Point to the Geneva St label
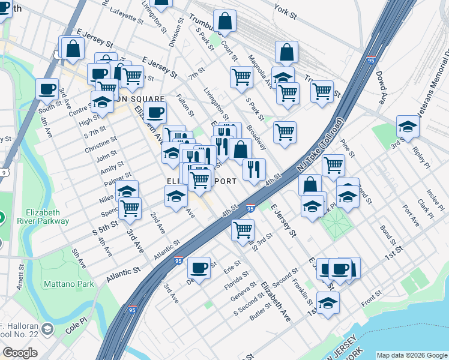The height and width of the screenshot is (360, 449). (249, 291)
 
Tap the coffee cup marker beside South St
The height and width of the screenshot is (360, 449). (47, 89)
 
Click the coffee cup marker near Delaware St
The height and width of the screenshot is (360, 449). (199, 267)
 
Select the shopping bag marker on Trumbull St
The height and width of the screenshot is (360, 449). (224, 21)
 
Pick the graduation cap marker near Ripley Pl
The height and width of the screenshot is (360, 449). (408, 127)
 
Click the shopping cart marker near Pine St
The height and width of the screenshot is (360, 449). (333, 164)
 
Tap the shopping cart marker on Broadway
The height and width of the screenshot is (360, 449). (285, 131)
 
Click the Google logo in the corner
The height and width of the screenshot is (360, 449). (20, 353)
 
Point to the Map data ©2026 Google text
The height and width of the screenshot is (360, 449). (411, 355)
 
